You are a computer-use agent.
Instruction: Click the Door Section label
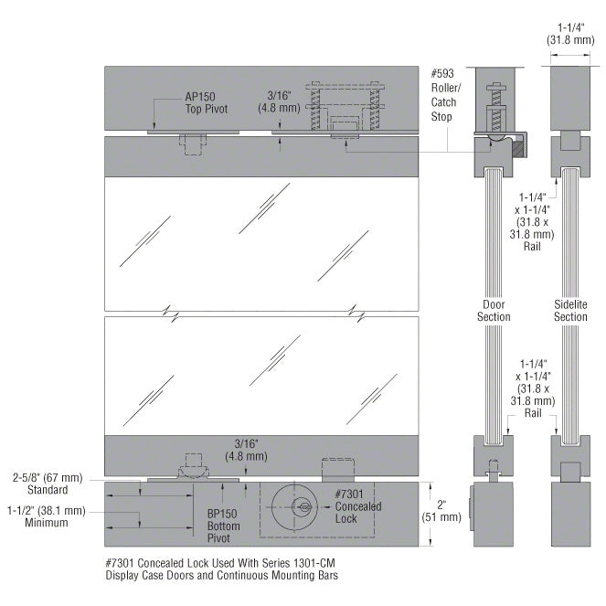pos(494,311)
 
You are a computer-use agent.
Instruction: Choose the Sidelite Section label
pos(570,311)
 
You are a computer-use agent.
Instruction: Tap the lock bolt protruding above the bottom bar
pos(338,469)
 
